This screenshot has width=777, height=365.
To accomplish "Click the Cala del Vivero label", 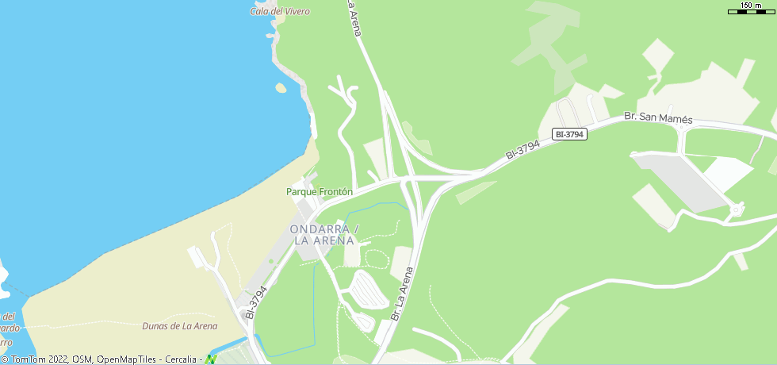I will click(x=280, y=11).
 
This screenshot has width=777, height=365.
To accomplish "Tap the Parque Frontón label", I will click(x=320, y=192).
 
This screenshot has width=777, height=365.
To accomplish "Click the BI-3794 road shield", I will click(x=569, y=134).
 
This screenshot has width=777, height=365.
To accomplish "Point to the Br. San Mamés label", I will click(x=658, y=118).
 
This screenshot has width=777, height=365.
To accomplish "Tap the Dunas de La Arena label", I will click(x=179, y=326).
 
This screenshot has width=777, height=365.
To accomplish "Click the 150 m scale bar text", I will click(x=752, y=6).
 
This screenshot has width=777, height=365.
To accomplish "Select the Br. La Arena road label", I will click(x=402, y=294).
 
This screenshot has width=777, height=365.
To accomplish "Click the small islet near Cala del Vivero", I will click(x=280, y=87).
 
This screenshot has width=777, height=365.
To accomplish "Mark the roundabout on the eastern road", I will click(x=736, y=209).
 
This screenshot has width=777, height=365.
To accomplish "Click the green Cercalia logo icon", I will click(x=211, y=359).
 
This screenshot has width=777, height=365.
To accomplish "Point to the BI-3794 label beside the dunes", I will click(x=255, y=303).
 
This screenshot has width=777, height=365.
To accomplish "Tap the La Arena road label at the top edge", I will click(x=354, y=17).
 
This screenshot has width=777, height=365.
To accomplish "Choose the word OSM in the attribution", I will click(x=82, y=359).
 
